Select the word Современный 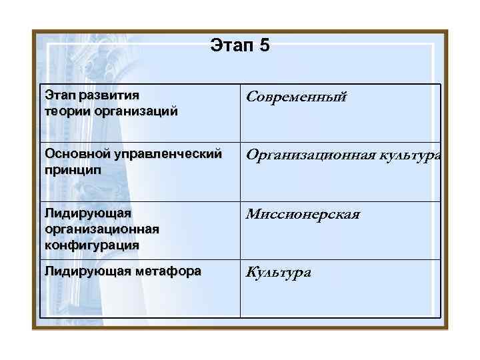coord(297,97)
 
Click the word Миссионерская coord(303,214)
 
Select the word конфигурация coord(92,244)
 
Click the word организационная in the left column coord(102,229)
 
